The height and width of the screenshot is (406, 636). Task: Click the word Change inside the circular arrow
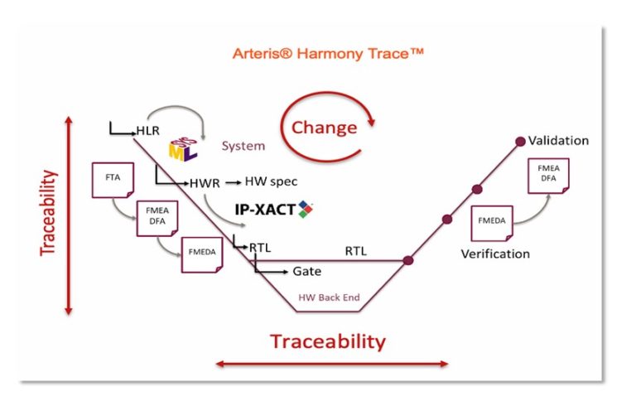(324, 128)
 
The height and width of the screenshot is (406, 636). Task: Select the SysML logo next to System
(183, 147)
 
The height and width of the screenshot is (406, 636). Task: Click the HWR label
(205, 182)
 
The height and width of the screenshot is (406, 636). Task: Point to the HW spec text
(271, 181)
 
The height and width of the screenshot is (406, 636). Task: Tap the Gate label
(307, 271)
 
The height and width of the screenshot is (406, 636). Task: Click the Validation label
(558, 140)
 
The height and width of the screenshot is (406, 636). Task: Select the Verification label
(495, 254)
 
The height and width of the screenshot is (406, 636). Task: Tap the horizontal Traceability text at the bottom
(327, 341)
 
